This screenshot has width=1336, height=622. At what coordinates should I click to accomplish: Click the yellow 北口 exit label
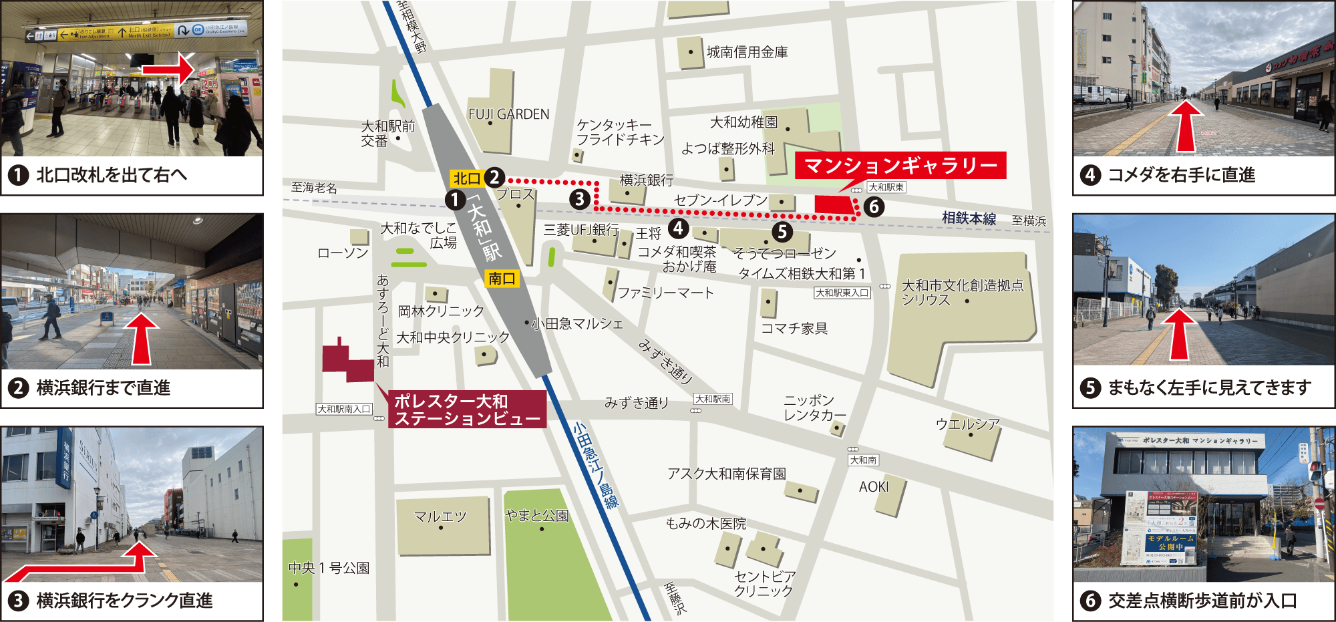pos(467,178)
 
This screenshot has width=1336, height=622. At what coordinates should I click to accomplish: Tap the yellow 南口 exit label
pos(502,279)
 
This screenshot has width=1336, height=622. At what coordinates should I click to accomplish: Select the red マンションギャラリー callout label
pos(900,165)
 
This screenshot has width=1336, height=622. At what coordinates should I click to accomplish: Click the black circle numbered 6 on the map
pos(874,207)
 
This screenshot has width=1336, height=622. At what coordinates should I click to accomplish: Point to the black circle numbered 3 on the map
pos(579,199)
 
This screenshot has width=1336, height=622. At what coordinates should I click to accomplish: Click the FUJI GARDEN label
pos(508,114)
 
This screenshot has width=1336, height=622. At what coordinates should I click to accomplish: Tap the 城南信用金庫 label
pos(747,52)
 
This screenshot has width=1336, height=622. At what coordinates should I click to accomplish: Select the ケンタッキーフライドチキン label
pos(620,132)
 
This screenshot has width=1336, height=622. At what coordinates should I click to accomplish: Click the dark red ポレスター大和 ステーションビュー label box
pos(467,410)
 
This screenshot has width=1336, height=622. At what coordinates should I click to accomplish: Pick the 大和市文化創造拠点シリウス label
pos(962,293)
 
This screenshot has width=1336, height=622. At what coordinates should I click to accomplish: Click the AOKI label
pos(874,487)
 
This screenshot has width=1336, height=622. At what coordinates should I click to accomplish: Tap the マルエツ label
pos(440,516)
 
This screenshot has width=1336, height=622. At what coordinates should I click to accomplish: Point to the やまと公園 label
pos(536,515)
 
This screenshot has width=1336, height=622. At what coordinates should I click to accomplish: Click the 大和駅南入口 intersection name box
pos(343,409)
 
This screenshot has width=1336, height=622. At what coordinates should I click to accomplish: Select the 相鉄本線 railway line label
pos(969,218)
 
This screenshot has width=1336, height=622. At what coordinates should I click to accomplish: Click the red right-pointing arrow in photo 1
pos(167,70)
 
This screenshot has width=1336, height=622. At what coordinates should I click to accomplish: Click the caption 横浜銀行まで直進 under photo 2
pos(104,387)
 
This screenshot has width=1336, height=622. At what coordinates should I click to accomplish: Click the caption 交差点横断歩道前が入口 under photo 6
pos(1202,601)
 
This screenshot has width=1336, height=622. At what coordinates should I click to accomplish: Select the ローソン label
pos(343,253)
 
